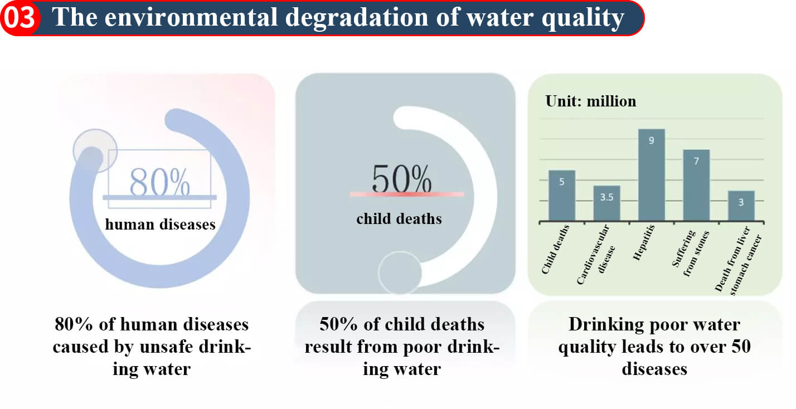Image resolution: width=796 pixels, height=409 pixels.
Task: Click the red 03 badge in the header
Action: (x=20, y=18)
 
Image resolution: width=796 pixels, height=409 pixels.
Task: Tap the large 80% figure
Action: (x=159, y=182)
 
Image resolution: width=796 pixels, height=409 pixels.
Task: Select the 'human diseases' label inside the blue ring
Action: (x=161, y=225)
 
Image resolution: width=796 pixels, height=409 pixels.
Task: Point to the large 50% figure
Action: (x=401, y=179)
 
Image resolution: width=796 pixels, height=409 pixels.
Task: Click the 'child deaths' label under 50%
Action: (x=399, y=219)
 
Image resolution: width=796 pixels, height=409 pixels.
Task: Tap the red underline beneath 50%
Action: (x=407, y=194)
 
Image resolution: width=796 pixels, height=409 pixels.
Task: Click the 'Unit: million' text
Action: (x=591, y=101)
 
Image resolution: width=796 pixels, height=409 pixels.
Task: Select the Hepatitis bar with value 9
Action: (x=652, y=175)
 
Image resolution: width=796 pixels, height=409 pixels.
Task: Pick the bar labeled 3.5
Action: (x=606, y=203)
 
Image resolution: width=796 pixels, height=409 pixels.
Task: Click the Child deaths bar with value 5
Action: (x=562, y=196)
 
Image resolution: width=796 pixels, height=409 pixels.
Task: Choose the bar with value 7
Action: (x=697, y=185)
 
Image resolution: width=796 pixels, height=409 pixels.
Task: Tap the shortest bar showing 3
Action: (x=741, y=206)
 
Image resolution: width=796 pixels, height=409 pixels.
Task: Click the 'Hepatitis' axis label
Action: (x=644, y=242)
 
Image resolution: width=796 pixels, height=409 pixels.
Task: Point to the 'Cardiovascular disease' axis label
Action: (x=595, y=255)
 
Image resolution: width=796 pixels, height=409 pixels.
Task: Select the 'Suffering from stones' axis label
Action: (x=690, y=252)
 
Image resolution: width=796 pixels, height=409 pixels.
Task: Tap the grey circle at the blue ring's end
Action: (x=95, y=150)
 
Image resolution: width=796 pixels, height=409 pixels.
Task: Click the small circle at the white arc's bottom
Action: (x=400, y=273)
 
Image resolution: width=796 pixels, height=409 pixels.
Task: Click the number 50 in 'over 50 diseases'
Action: (x=741, y=346)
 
